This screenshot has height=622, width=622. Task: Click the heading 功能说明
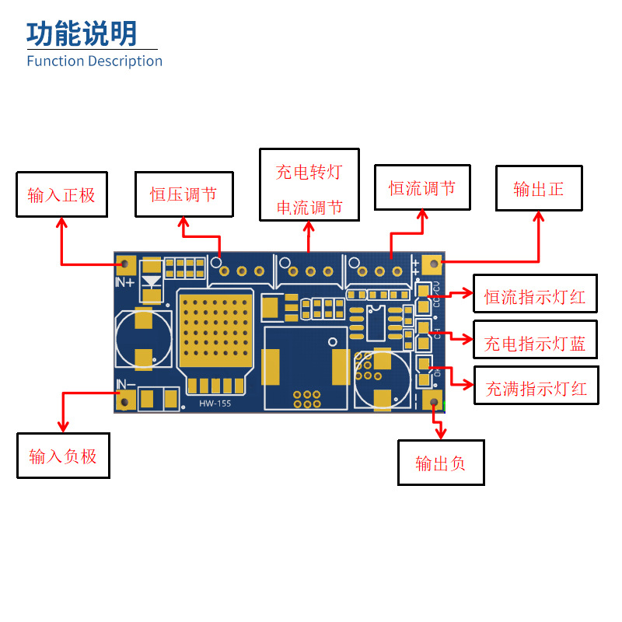click(82, 34)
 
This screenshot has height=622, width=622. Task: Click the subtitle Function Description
click(94, 61)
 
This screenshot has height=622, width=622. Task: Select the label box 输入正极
click(61, 194)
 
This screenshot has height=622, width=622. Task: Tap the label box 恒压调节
click(183, 194)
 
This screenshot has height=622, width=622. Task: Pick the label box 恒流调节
click(422, 187)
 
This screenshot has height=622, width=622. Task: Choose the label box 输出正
click(539, 188)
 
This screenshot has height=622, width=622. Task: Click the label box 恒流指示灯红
click(535, 296)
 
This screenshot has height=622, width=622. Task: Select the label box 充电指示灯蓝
click(535, 342)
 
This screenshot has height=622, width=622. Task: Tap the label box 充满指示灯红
click(536, 388)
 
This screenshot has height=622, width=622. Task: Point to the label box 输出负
click(441, 463)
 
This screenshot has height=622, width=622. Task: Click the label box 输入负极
click(63, 456)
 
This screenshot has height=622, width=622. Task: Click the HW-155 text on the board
click(215, 403)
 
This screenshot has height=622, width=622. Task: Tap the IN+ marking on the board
click(124, 283)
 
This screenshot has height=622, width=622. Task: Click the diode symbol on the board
click(152, 281)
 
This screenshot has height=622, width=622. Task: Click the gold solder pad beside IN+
click(126, 265)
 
